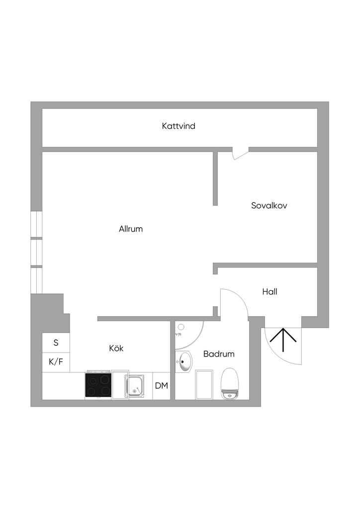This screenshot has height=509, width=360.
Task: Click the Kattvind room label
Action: [179, 126]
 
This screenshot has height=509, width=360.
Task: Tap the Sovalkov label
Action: [269, 205]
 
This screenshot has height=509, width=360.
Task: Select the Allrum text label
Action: [131, 229]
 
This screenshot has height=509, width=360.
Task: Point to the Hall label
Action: [270, 292]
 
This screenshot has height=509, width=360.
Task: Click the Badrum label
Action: [218, 354]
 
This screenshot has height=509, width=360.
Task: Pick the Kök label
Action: [116, 348]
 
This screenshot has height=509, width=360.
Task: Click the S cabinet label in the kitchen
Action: [56, 342]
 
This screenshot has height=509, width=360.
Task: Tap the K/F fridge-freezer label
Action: [56, 362]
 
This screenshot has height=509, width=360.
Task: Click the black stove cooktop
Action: [98, 385]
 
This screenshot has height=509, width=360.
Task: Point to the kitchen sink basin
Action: [135, 386]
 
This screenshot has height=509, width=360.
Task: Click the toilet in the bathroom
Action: [230, 384]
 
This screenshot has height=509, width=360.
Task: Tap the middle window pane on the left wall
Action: [36, 253]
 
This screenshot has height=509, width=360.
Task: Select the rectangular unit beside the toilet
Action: [205, 384]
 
